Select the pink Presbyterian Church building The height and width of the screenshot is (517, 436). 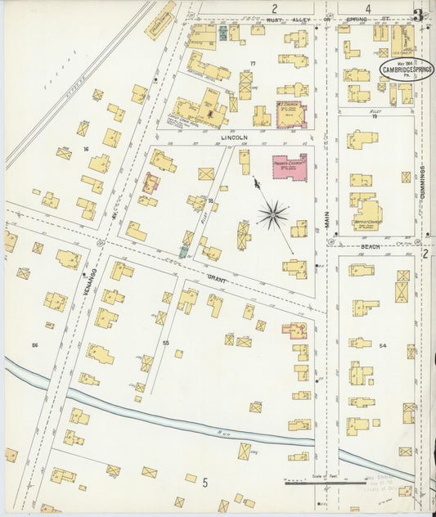click(289, 168)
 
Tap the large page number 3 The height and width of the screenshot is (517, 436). click(418, 14)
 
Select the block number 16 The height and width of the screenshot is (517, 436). click(85, 149)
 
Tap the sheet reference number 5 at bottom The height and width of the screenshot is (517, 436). click(205, 483)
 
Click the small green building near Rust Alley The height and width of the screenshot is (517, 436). click(222, 34)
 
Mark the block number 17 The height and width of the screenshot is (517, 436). click(253, 64)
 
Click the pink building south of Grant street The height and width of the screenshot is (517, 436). click(294, 330)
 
